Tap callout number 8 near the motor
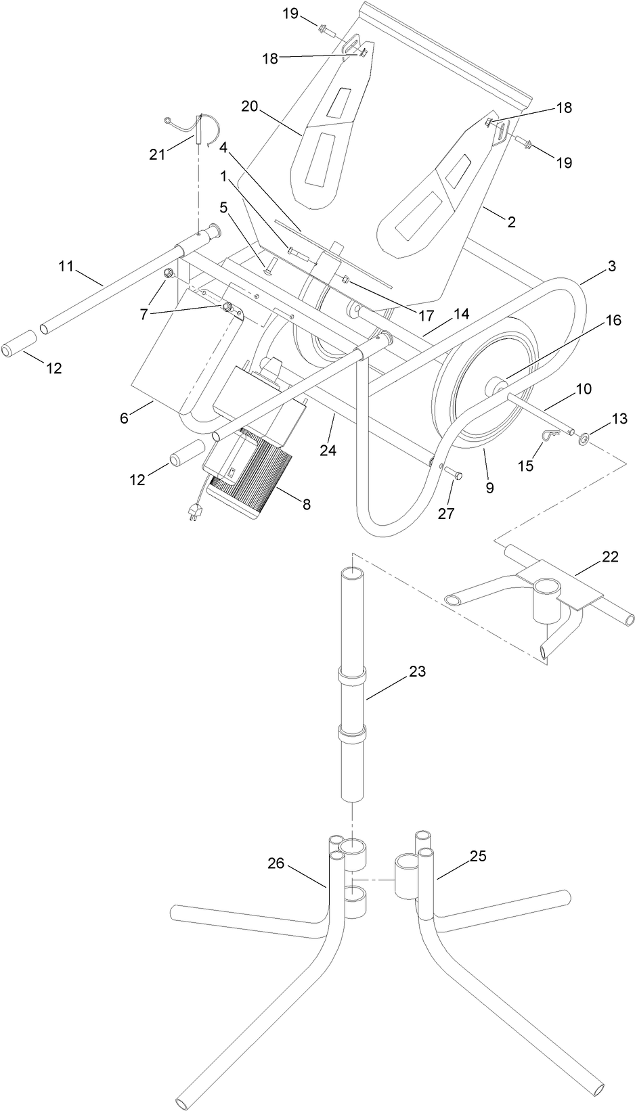coord(306,503)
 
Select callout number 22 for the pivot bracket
coord(610,556)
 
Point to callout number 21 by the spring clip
coord(157,154)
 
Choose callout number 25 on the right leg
coord(478,855)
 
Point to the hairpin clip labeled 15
coord(550,437)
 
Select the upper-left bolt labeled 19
coord(326,28)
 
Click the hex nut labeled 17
coord(345,279)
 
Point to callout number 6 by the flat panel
coord(124,418)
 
